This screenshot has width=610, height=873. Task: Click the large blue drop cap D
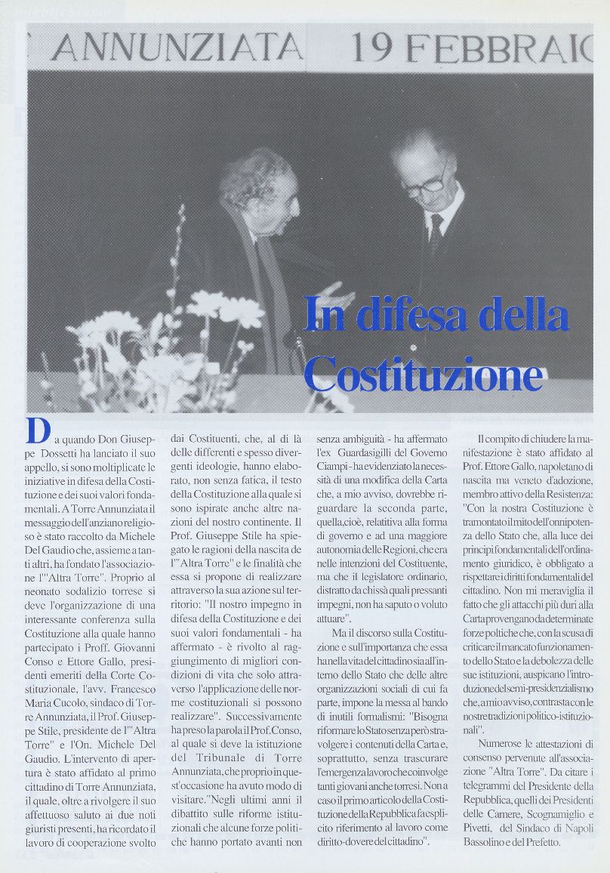38,431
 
